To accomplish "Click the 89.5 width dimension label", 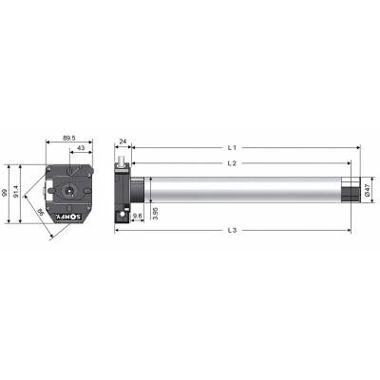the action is tap(69, 138).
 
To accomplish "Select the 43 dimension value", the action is tap(81, 148).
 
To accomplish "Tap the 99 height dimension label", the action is tap(4, 193).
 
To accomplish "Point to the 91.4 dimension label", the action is tap(16, 192).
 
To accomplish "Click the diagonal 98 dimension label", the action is tap(41, 212).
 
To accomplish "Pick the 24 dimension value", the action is tap(123, 142).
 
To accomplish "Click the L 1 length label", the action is tap(232, 147).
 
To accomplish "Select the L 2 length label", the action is tap(232, 163).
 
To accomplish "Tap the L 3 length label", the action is tap(232, 230).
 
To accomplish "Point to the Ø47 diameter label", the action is tap(368, 189).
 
